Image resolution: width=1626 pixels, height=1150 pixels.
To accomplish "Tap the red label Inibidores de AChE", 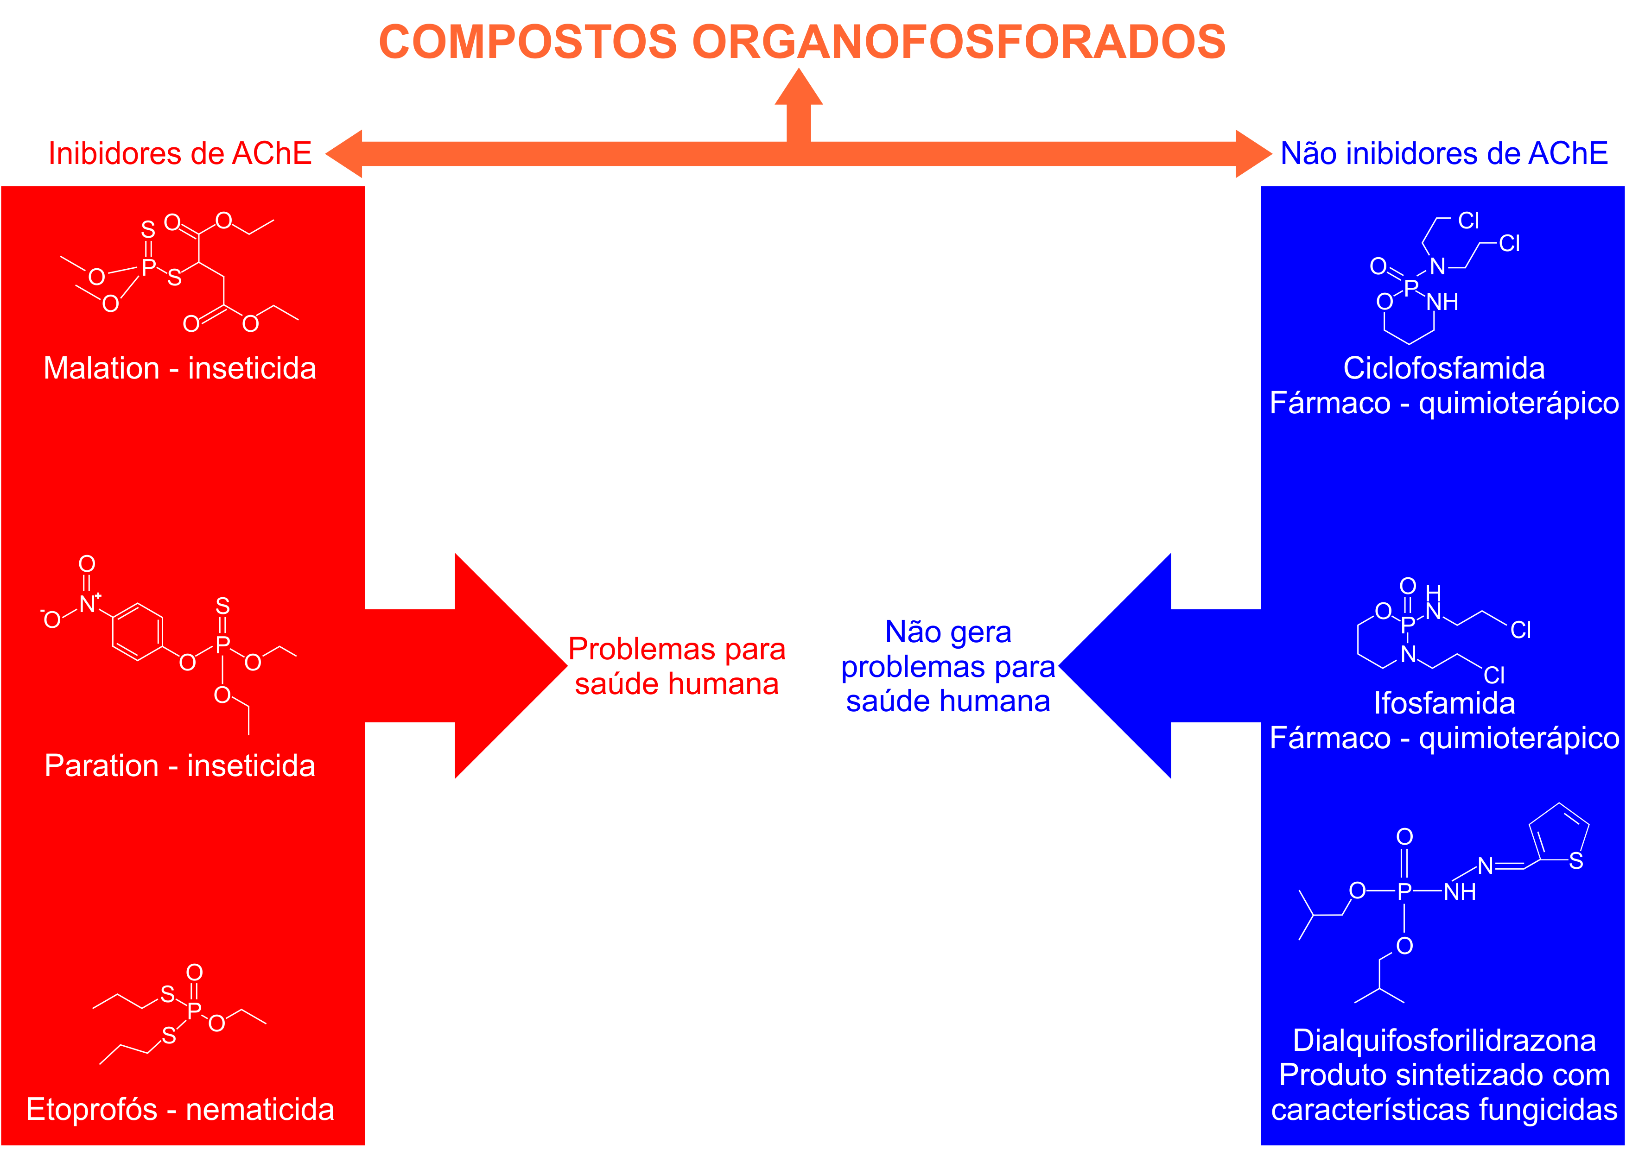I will [x=180, y=154].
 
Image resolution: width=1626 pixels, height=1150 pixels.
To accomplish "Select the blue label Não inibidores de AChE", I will [x=1444, y=154].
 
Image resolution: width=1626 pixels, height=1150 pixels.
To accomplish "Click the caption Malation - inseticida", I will [x=180, y=368].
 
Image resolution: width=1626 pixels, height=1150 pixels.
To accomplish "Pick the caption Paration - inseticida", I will [x=180, y=765].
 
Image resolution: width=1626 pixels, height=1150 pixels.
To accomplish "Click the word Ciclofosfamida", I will [x=1444, y=368].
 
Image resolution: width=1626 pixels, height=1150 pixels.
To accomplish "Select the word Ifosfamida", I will [x=1444, y=703].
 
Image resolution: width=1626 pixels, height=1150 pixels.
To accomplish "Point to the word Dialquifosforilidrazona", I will [x=1444, y=1040].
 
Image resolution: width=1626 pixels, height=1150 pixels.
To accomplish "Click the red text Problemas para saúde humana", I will [x=676, y=666].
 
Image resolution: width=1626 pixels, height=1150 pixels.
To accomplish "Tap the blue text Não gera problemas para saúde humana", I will [x=948, y=666].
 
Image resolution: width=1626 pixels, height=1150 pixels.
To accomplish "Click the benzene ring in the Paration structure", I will [x=137, y=632].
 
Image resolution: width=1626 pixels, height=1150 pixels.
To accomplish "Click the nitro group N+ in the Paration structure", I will [x=88, y=604].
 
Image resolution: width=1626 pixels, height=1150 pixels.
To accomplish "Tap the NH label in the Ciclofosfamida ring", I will [x=1442, y=303].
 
